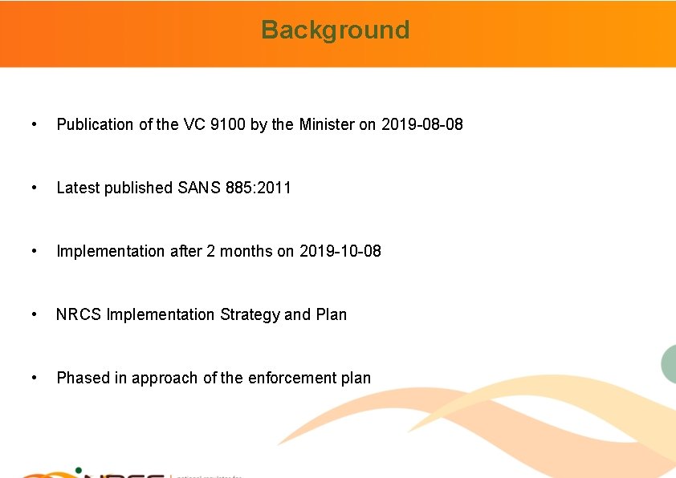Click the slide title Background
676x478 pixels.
tap(336, 30)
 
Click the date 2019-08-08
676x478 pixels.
tap(421, 124)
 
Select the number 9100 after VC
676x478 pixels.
tap(226, 124)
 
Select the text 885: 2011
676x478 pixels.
tap(259, 188)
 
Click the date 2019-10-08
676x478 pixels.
tap(340, 251)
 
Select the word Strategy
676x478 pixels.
tap(249, 314)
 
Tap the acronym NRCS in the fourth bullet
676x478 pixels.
tap(78, 314)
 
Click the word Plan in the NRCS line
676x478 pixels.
tap(332, 314)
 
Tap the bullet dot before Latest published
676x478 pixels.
tap(33, 188)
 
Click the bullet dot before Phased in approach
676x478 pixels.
tap(33, 378)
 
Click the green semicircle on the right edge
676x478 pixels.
tap(669, 363)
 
